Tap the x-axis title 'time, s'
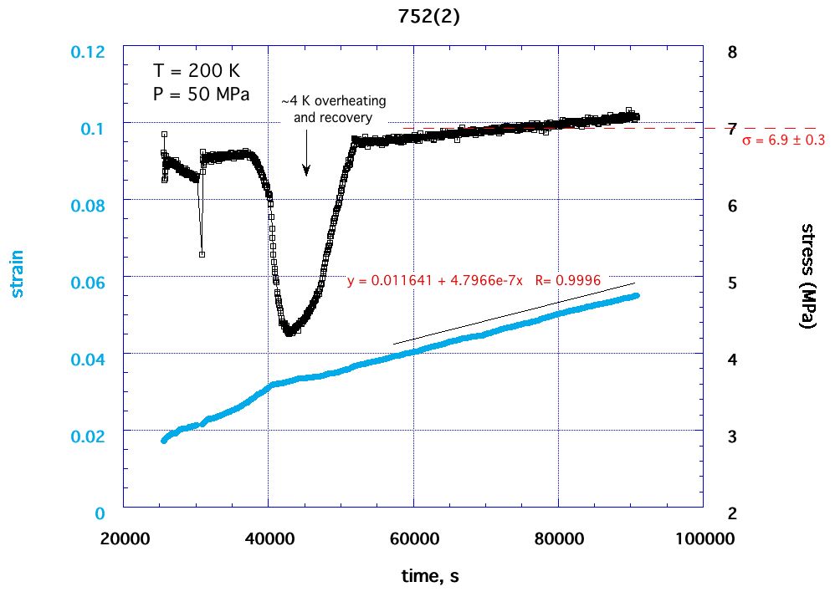428,576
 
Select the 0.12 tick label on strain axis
91,52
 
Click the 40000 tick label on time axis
268,539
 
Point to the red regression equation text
474,281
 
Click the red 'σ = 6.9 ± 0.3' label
783,140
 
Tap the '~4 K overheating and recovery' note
333,109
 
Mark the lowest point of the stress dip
289,333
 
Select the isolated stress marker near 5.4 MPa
202,254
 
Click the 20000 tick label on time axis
124,539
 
